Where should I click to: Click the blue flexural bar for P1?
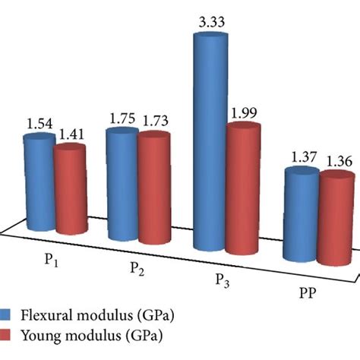[x=39, y=182]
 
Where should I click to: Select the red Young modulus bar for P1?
[x=69, y=190]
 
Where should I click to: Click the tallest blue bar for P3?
[x=210, y=144]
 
